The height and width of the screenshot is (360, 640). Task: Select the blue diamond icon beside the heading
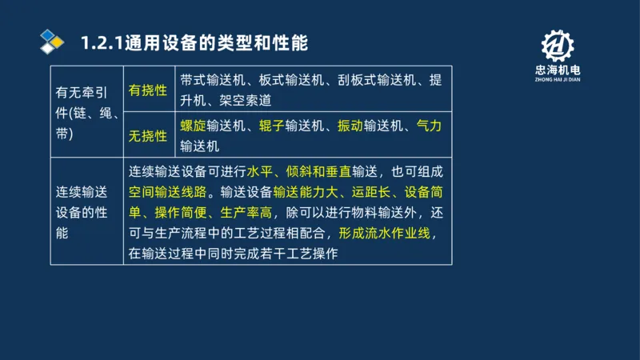pyautogui.click(x=52, y=42)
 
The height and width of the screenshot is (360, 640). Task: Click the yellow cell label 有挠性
pyautogui.click(x=148, y=90)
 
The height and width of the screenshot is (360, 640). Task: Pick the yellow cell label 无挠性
pyautogui.click(x=148, y=135)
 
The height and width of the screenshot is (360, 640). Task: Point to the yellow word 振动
pyautogui.click(x=350, y=126)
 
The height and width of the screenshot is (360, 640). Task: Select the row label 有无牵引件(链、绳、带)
pyautogui.click(x=84, y=112)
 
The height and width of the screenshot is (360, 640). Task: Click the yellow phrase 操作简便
pyautogui.click(x=180, y=214)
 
